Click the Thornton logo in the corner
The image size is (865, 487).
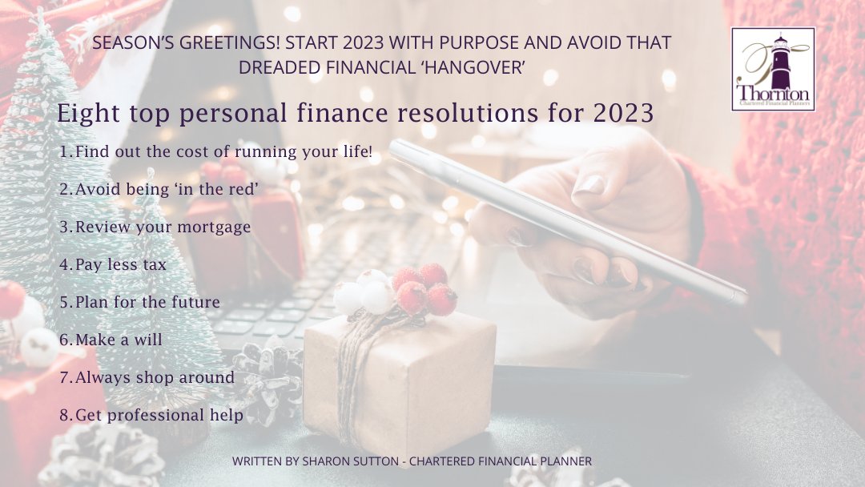(x=773, y=69)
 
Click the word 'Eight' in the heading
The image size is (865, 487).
(x=85, y=114)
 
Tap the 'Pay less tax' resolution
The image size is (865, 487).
(x=113, y=264)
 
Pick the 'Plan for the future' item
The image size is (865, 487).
(x=139, y=302)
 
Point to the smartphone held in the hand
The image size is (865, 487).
(x=561, y=216)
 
